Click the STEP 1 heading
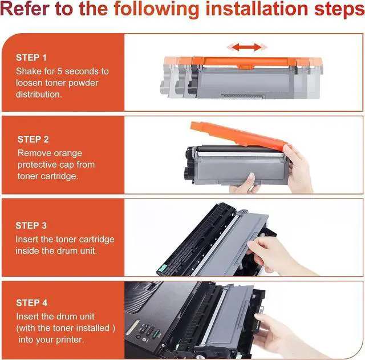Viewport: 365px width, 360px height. [31, 58]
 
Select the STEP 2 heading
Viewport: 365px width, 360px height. [33, 139]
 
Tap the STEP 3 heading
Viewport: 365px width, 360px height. [31, 225]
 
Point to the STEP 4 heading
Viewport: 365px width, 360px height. [32, 303]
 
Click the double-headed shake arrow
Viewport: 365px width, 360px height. [247, 47]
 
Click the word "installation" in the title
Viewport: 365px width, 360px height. [257, 9]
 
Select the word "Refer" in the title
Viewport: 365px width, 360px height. [25, 9]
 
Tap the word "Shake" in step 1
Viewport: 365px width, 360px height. [29, 71]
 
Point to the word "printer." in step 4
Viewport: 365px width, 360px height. [69, 340]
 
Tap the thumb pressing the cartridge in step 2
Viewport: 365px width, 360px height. [251, 179]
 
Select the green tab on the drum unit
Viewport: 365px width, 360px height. [163, 268]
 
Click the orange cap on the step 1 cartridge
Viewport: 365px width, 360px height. [244, 62]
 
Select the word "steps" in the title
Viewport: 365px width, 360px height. [340, 10]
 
